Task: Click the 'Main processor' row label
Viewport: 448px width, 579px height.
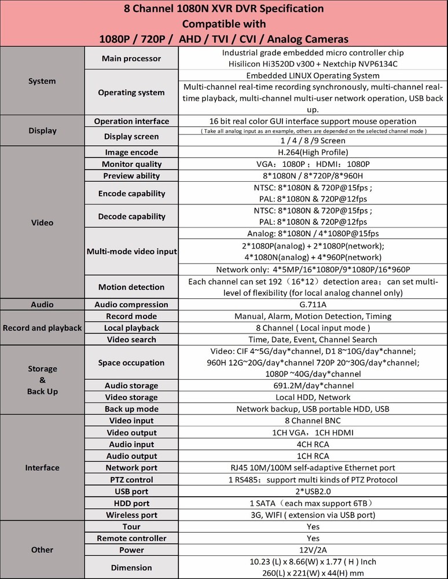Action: coord(131,58)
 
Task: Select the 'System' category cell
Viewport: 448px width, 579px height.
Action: coord(42,81)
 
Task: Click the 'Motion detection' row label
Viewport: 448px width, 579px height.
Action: coord(131,287)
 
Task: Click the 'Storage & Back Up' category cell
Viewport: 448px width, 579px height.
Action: coord(42,380)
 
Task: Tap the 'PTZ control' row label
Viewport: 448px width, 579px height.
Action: coord(131,479)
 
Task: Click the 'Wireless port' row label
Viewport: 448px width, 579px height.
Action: coord(131,515)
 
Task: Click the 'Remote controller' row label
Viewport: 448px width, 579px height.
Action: coord(131,538)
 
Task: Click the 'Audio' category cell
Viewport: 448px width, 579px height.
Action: coord(42,305)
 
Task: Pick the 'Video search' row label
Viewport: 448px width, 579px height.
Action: coord(131,339)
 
